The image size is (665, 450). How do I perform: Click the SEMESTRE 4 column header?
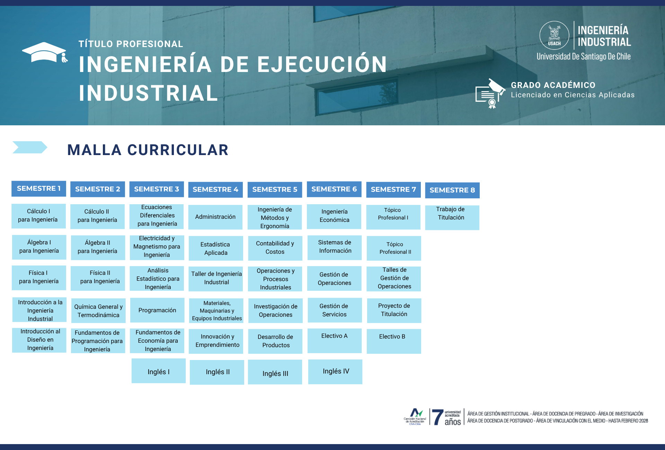pos(215,189)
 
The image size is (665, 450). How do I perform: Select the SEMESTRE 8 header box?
pos(452,190)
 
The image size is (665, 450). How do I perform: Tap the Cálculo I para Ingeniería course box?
pos(38,216)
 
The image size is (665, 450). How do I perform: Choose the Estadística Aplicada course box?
pos(216,248)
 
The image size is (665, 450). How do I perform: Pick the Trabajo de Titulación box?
pos(452,217)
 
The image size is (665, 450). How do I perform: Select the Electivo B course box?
pos(394,341)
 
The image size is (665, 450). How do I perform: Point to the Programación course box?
pos(157,310)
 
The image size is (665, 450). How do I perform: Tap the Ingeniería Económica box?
pos(334,216)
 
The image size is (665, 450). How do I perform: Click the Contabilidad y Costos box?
pos(275,248)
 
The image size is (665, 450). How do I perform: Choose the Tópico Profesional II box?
pos(394,248)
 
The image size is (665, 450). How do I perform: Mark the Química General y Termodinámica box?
pos(98,310)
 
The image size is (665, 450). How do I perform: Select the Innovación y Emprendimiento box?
pos(216,341)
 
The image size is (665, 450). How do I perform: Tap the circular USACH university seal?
pos(554,35)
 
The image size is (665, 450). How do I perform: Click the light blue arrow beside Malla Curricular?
pos(30,147)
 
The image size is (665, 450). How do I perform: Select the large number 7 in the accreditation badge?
pos(437,417)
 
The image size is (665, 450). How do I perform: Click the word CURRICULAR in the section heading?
pos(178,150)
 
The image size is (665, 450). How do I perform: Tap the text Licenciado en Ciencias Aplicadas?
pos(573,95)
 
